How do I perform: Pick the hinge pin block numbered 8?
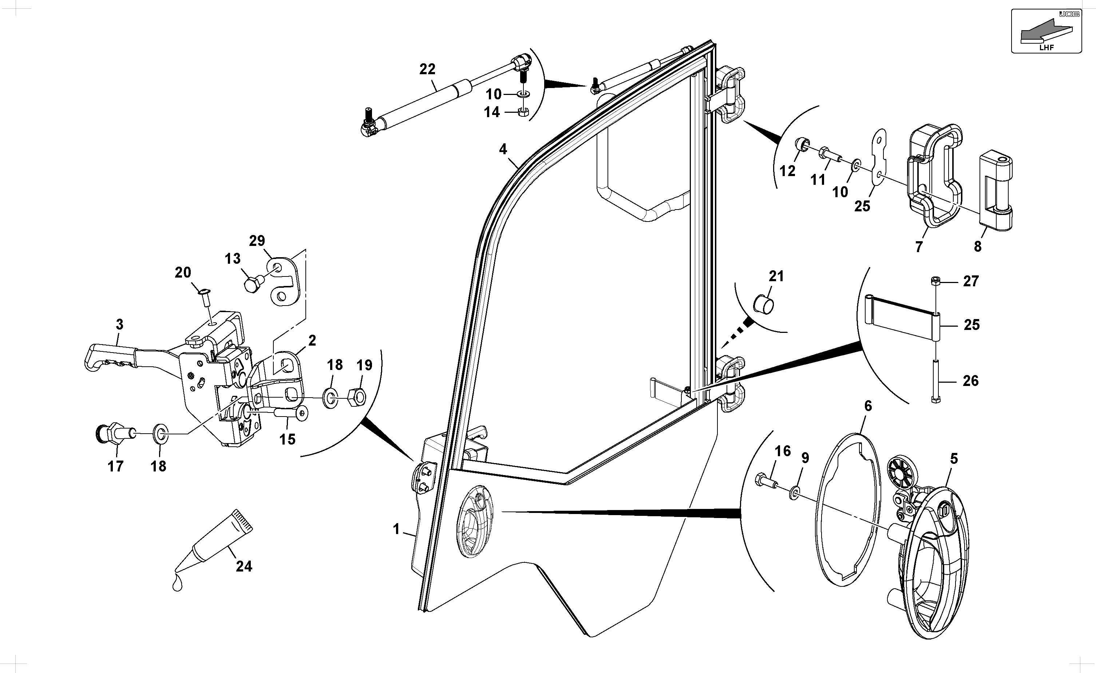pos(996,191)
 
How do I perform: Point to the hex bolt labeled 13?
pos(253,283)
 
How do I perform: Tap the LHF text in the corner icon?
pos(1046,48)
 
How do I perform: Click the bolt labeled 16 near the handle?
pos(766,482)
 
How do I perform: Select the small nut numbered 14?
pos(524,112)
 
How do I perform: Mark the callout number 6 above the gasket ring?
pos(868,406)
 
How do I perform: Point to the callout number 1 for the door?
pos(396,529)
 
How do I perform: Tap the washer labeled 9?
pos(794,494)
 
